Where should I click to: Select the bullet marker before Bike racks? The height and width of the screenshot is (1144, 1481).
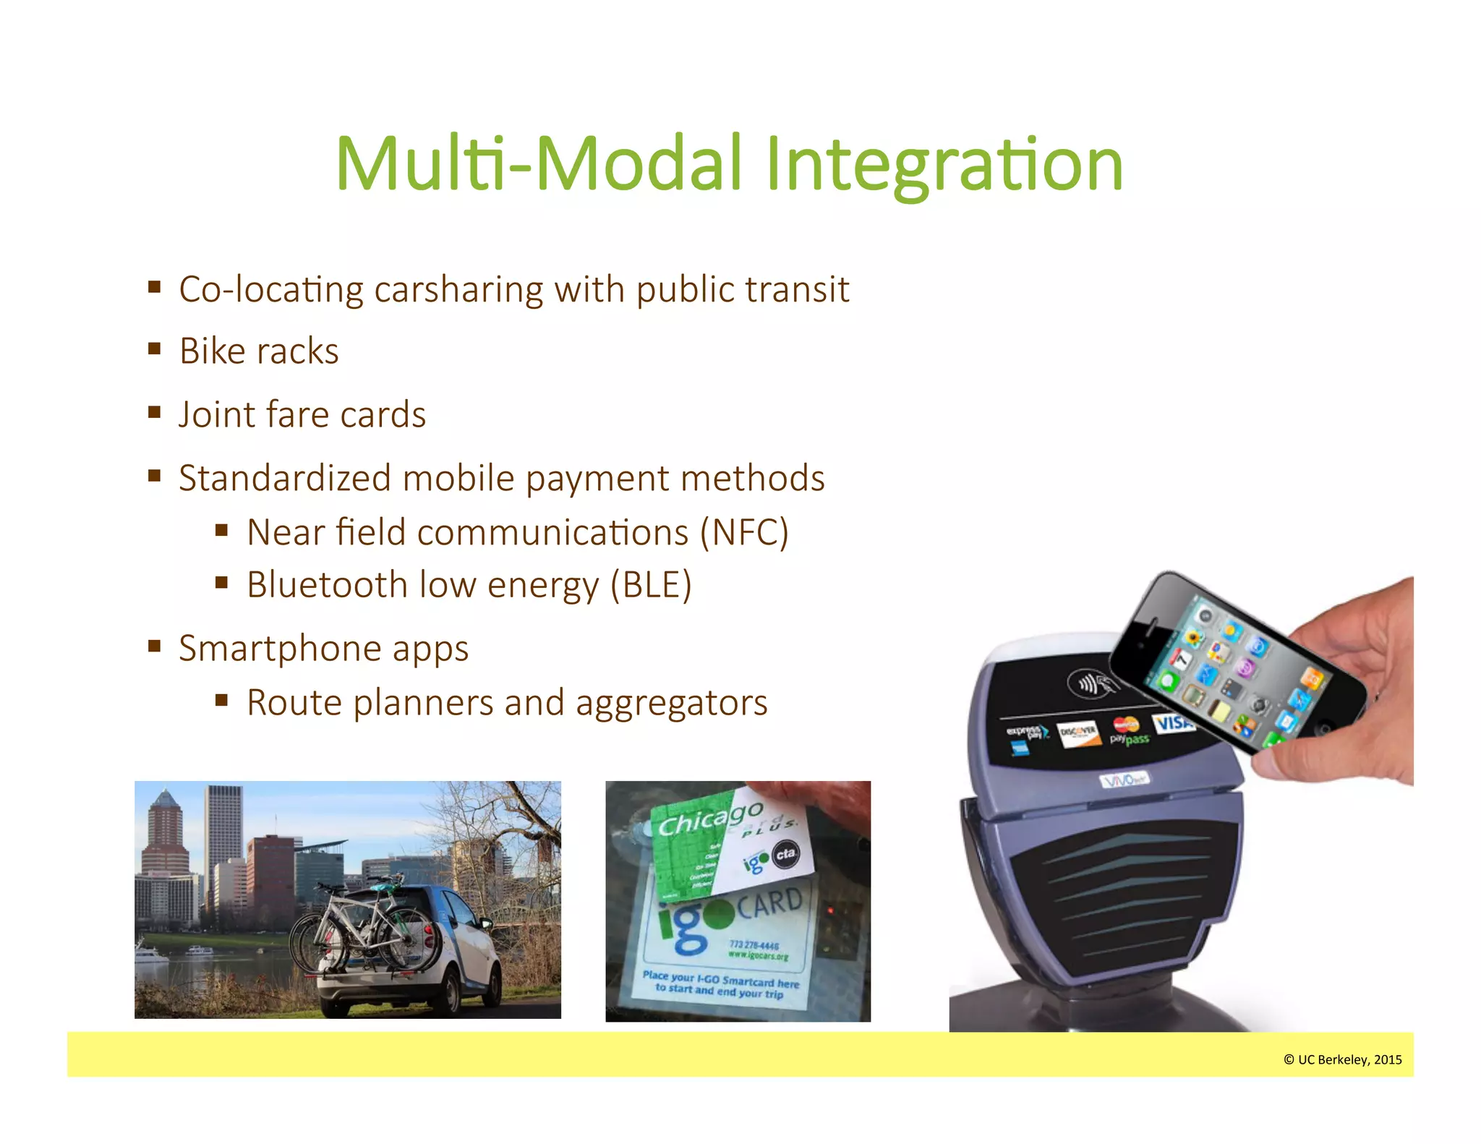click(154, 350)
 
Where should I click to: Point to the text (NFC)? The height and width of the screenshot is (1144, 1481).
click(744, 532)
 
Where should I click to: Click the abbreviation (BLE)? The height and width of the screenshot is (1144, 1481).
click(651, 585)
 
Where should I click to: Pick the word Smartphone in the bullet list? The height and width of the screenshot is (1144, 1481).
click(279, 648)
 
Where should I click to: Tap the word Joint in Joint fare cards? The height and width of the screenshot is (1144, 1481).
click(216, 414)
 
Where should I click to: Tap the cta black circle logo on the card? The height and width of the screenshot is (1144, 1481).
click(785, 854)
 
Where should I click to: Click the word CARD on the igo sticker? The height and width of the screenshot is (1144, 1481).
click(769, 904)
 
